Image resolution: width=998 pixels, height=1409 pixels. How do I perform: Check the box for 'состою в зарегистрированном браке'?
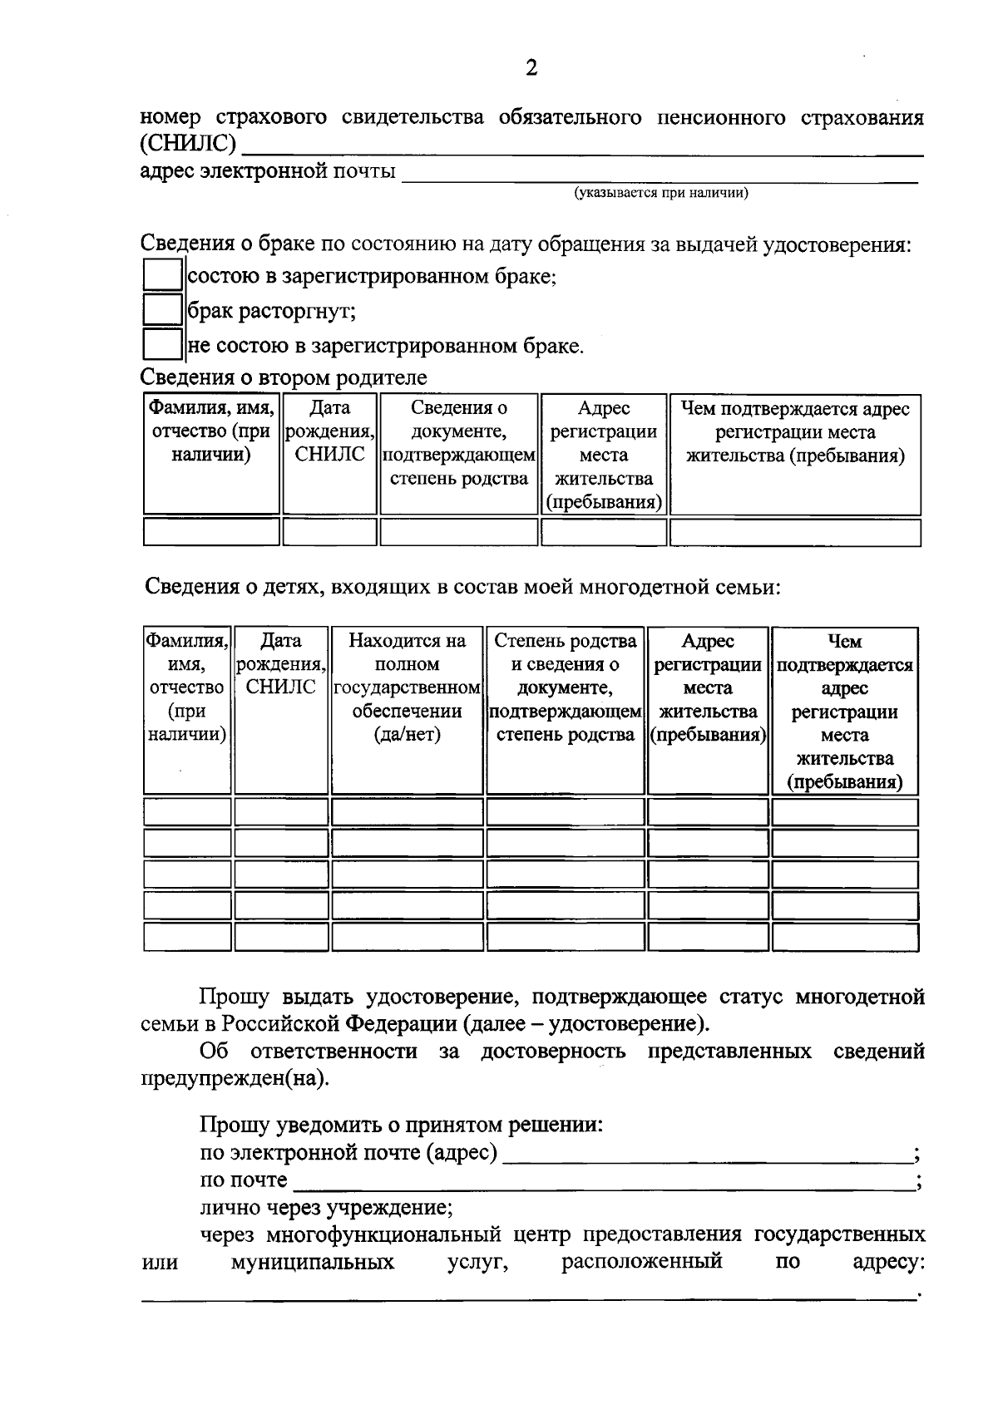coord(162,275)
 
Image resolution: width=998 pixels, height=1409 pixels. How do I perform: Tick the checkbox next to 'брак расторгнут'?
coord(162,310)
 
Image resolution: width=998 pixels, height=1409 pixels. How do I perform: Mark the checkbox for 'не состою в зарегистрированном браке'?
coord(162,345)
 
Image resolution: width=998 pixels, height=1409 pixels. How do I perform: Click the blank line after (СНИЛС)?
coord(582,150)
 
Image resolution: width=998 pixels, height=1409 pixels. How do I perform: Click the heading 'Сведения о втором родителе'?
coord(284,377)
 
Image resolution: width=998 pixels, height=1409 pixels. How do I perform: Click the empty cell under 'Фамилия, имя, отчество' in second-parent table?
coord(211,532)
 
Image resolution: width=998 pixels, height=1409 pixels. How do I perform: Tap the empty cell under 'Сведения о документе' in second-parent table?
coord(459,532)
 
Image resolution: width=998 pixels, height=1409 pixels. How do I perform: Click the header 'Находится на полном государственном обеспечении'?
coord(407,687)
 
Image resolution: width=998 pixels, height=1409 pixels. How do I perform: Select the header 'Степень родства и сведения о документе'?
coord(565,687)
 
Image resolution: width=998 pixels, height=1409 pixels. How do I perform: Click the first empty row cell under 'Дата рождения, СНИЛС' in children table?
coord(281,812)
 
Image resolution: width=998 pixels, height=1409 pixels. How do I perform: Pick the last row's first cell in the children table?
coord(187,937)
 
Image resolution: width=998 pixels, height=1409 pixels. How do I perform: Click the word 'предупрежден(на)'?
coord(235,1079)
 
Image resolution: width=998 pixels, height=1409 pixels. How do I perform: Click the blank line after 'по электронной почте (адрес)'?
coord(707,1155)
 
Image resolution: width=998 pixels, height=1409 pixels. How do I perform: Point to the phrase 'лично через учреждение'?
coord(326,1207)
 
